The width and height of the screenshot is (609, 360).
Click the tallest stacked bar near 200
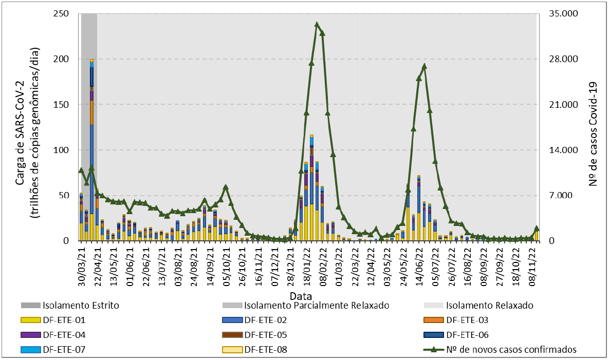point(91,149)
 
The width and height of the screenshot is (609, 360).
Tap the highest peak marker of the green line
point(317,24)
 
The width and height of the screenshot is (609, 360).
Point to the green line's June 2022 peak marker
point(424,66)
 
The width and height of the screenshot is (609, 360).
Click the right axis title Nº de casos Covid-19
point(594,127)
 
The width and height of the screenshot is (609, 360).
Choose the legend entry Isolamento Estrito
point(81,306)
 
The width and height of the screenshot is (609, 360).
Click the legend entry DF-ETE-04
point(64,335)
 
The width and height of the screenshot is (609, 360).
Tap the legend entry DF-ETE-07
point(64,350)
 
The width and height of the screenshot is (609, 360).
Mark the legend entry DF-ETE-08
point(266,350)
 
